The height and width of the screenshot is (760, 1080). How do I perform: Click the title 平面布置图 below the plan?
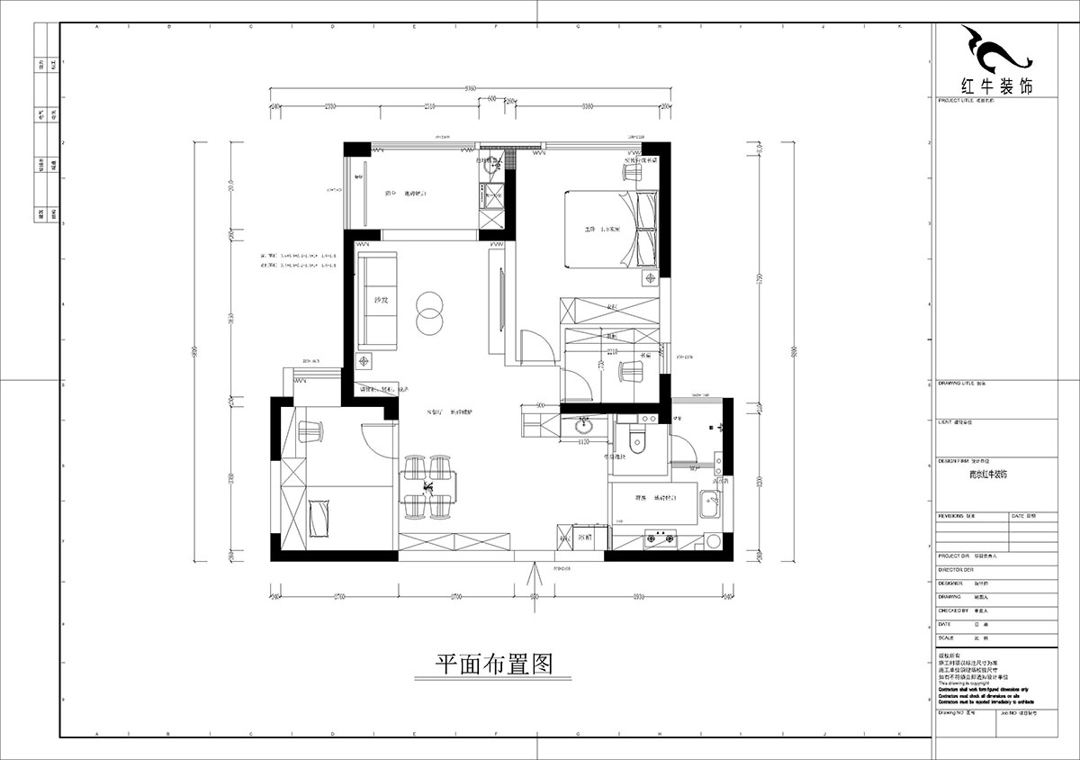[x=492, y=665]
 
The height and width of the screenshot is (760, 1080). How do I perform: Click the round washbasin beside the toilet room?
[x=586, y=427]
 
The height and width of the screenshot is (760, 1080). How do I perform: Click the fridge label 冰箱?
[x=584, y=538]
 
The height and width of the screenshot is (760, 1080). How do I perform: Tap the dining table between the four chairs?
[x=429, y=487]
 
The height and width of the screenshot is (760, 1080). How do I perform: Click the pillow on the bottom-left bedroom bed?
[x=319, y=518]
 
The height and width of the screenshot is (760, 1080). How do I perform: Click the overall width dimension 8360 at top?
[x=470, y=88]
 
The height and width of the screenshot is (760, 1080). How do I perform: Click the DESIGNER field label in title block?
[x=951, y=583]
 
